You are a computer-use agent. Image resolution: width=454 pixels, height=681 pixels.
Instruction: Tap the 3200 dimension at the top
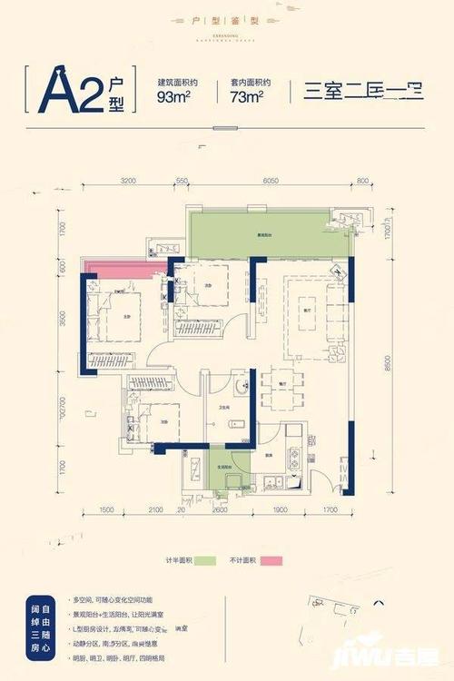tap(127, 182)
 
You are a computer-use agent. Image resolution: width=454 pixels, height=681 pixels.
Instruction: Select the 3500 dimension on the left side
tap(64, 319)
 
